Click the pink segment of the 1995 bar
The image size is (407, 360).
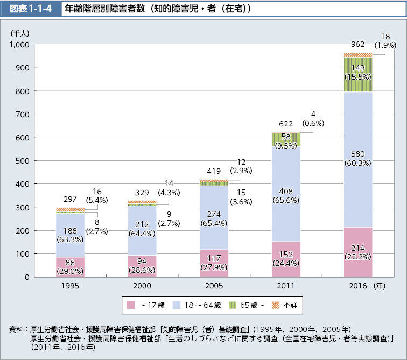[70, 267]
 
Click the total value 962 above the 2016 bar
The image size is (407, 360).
[357, 44]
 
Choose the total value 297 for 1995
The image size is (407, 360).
[70, 199]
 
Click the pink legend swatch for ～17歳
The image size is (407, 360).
[130, 305]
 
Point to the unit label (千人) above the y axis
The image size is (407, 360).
[20, 33]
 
